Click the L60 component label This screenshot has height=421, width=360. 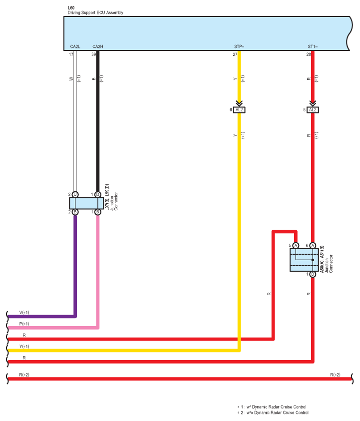point(71,8)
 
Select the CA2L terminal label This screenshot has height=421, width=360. point(75,46)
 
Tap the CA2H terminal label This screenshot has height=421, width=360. point(98,46)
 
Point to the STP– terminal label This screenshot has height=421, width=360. point(239,46)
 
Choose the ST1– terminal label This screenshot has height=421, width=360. point(313,46)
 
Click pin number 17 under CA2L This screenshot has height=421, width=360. point(71,54)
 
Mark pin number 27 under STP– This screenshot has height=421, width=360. point(235,54)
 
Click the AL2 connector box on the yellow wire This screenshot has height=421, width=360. point(239,110)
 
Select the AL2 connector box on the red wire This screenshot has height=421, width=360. point(313,110)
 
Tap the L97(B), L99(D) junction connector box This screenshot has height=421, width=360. point(86,203)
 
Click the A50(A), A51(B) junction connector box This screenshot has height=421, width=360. point(304,260)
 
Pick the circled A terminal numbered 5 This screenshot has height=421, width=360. point(296,245)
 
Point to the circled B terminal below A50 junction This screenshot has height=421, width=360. point(313,274)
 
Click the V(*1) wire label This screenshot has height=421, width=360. point(24,313)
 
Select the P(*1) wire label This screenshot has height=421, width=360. point(24,324)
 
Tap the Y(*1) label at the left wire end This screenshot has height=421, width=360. point(24,347)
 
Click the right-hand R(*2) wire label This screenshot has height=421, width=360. point(336,375)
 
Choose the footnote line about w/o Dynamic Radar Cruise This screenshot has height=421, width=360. point(273,413)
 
